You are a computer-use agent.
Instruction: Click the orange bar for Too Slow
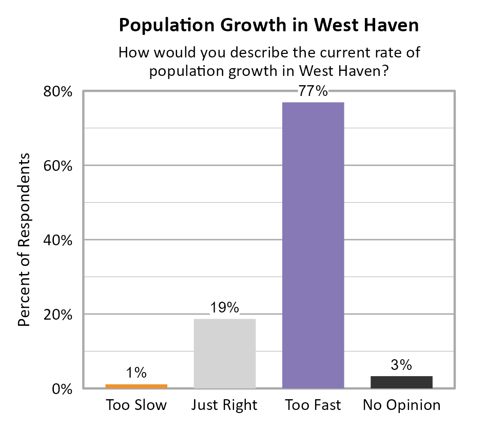tap(137, 386)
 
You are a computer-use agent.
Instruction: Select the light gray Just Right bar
tap(225, 354)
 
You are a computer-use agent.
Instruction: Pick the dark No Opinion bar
tap(401, 382)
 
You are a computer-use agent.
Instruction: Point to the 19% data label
tap(225, 308)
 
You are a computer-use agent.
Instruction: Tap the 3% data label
tap(401, 365)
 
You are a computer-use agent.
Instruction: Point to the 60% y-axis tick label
tap(58, 166)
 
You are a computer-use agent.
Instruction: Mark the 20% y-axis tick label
tap(58, 315)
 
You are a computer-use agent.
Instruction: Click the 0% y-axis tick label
tap(63, 389)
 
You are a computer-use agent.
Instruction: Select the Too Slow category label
tap(137, 405)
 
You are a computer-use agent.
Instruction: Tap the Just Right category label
tap(224, 405)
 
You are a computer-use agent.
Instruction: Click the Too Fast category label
tap(313, 405)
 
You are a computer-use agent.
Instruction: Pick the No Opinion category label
tap(401, 405)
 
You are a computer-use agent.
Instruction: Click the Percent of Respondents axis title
tap(24, 240)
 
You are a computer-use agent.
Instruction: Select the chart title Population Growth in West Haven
tap(268, 25)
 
